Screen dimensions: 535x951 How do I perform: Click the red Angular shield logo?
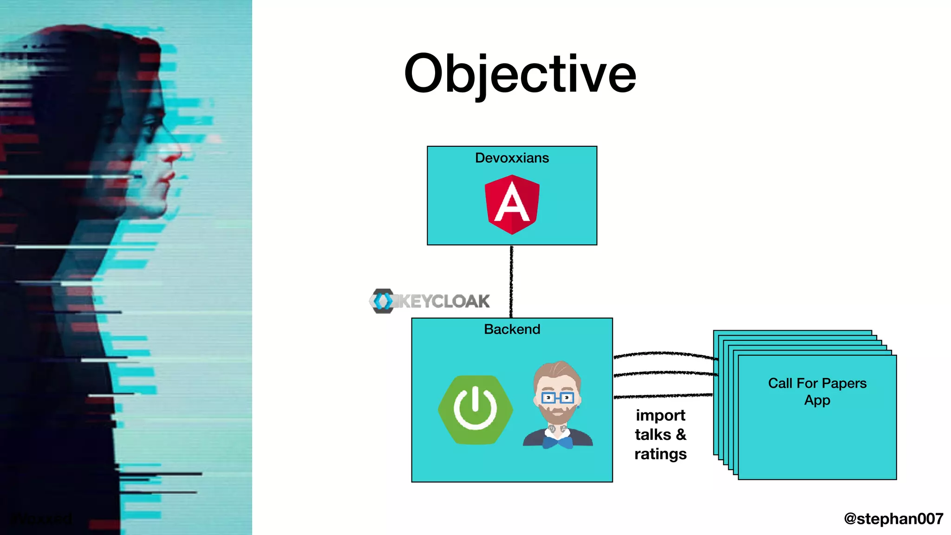pyautogui.click(x=512, y=204)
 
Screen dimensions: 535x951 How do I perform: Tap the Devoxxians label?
pyautogui.click(x=512, y=158)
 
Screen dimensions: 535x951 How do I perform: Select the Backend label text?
pyautogui.click(x=512, y=329)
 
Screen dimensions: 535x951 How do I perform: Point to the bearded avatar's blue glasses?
pyautogui.click(x=557, y=398)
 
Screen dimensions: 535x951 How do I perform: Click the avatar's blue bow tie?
pyautogui.click(x=557, y=443)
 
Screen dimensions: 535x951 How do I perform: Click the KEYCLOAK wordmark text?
pyautogui.click(x=443, y=301)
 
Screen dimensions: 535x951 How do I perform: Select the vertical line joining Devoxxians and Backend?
pyautogui.click(x=511, y=281)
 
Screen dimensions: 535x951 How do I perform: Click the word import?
pyautogui.click(x=660, y=415)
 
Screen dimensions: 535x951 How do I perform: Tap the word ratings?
pyautogui.click(x=660, y=454)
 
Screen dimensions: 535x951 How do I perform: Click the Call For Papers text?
pyautogui.click(x=817, y=383)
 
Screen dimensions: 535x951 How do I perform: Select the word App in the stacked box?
pyautogui.click(x=817, y=400)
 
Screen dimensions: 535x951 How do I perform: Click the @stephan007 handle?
pyautogui.click(x=893, y=518)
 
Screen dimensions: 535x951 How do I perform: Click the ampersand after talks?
pyautogui.click(x=681, y=434)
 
